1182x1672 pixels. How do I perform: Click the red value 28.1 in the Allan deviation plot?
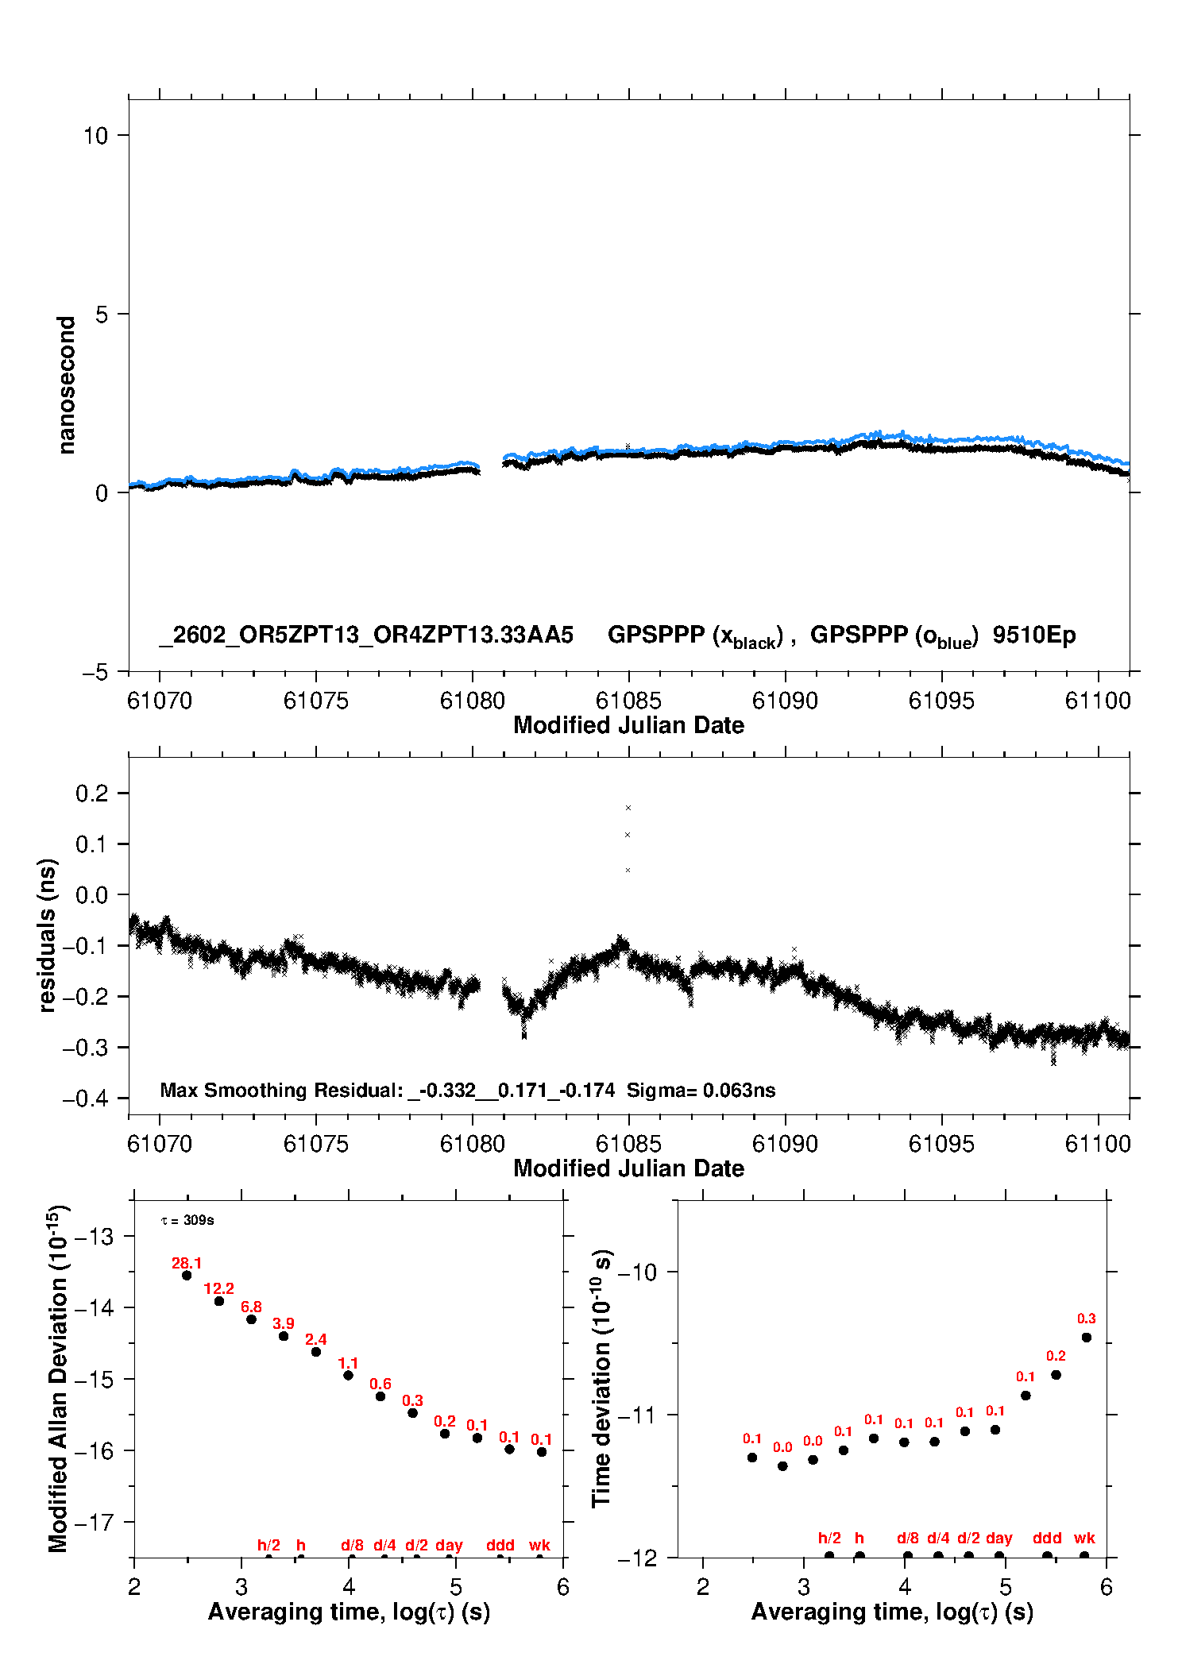[x=187, y=1263]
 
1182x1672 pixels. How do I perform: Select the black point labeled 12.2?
[x=219, y=1301]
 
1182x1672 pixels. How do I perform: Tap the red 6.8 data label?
[x=251, y=1307]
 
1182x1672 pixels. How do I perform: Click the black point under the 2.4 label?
[x=316, y=1352]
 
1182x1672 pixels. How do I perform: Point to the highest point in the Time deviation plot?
[x=1087, y=1338]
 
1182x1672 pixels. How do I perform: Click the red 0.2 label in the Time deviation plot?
[x=1056, y=1356]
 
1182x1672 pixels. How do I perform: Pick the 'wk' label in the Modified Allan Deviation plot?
[x=539, y=1545]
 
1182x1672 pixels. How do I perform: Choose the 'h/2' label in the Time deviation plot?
[x=829, y=1538]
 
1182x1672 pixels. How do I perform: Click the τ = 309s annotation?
[x=187, y=1220]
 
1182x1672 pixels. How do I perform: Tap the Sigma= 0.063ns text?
[x=701, y=1090]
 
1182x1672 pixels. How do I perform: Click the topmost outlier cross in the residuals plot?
[x=628, y=808]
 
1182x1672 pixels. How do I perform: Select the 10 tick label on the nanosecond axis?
[x=95, y=136]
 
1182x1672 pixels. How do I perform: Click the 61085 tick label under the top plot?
[x=628, y=701]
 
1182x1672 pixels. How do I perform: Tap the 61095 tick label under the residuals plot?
[x=941, y=1144]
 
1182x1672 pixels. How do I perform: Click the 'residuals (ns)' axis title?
[x=48, y=935]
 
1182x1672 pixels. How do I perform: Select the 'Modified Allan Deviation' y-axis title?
[x=57, y=1378]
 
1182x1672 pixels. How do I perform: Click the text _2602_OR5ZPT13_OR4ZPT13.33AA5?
[x=366, y=635]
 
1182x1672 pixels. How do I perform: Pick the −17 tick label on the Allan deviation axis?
[x=94, y=1523]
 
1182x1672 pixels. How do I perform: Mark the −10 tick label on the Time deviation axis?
[x=637, y=1272]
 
